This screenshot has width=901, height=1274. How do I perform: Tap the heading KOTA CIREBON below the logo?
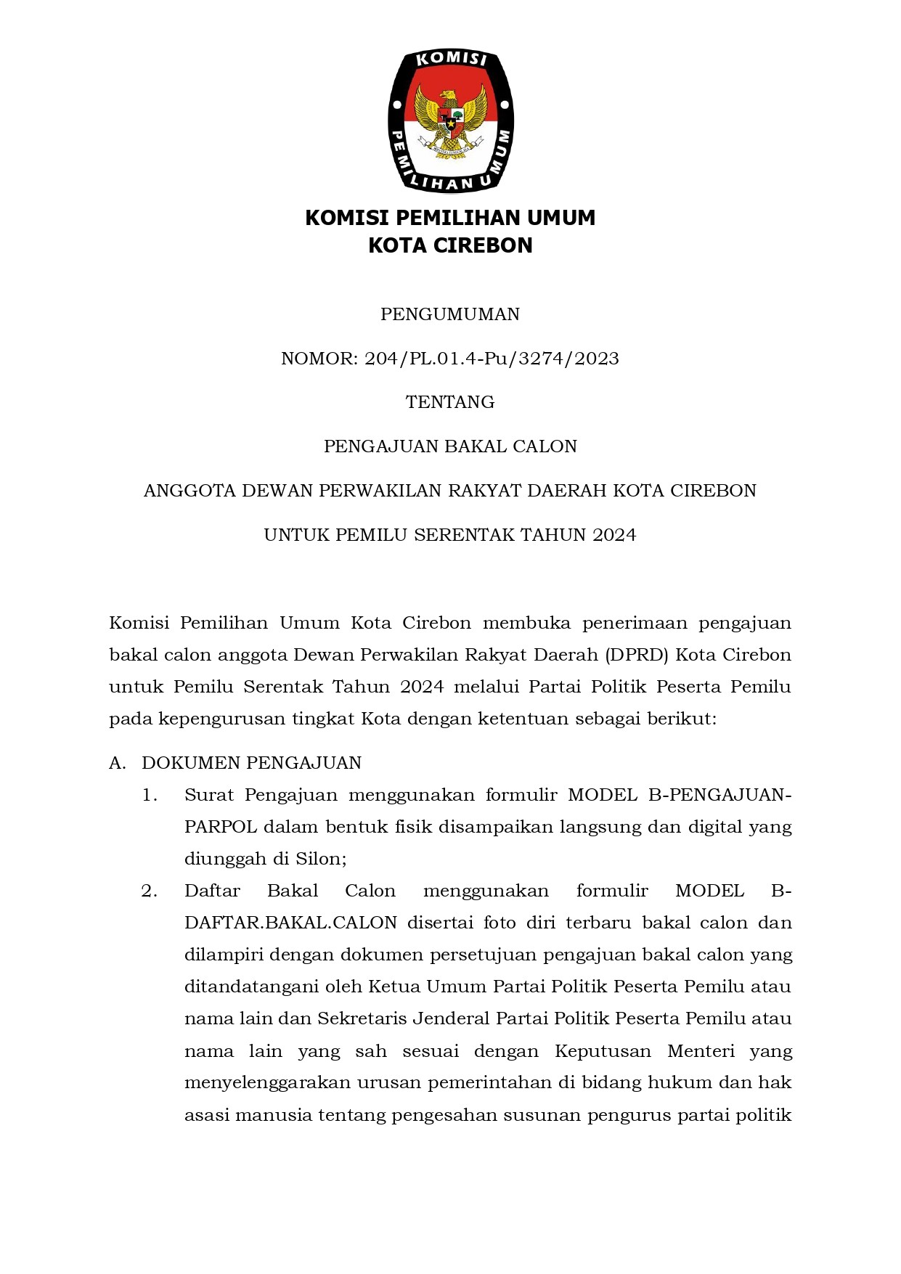pyautogui.click(x=450, y=245)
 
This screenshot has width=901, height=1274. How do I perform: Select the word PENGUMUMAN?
pyautogui.click(x=450, y=314)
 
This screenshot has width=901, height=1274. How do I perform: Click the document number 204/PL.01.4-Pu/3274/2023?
pyautogui.click(x=491, y=359)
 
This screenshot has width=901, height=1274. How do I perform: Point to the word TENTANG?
pyautogui.click(x=450, y=402)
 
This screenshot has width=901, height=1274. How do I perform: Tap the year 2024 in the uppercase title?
pyautogui.click(x=614, y=535)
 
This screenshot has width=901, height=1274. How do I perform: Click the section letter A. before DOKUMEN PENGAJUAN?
pyautogui.click(x=117, y=763)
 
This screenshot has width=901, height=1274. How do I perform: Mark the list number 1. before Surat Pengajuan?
pyautogui.click(x=150, y=795)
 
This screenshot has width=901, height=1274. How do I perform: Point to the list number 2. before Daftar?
pyautogui.click(x=150, y=891)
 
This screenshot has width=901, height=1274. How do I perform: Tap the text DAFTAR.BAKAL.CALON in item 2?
pyautogui.click(x=290, y=923)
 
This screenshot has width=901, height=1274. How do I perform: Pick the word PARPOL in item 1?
pyautogui.click(x=221, y=827)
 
